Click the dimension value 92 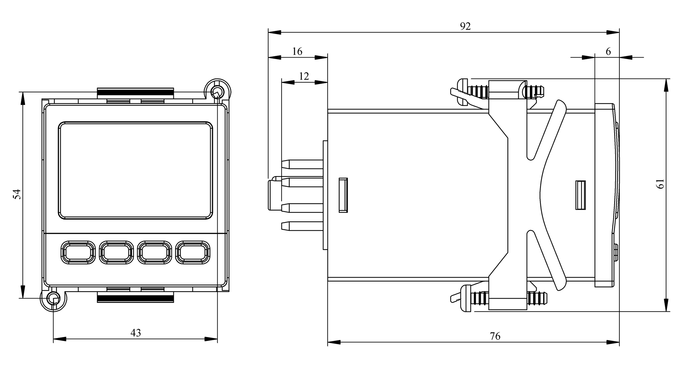pyautogui.click(x=465, y=26)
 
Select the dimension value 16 pyautogui.click(x=297, y=51)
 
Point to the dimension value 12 pyautogui.click(x=304, y=76)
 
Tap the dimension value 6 pyautogui.click(x=608, y=51)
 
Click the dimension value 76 pyautogui.click(x=495, y=336)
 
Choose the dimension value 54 pyautogui.click(x=17, y=194)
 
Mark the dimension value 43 pyautogui.click(x=135, y=333)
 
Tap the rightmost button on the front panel pyautogui.click(x=193, y=252)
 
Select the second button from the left pyautogui.click(x=115, y=252)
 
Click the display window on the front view pyautogui.click(x=135, y=170)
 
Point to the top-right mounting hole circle pyautogui.click(x=217, y=91)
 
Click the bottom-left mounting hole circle pyautogui.click(x=54, y=299)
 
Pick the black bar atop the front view pyautogui.click(x=135, y=92)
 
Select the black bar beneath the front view pyautogui.click(x=135, y=299)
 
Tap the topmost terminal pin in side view pyautogui.click(x=302, y=164)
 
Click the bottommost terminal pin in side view pyautogui.click(x=302, y=226)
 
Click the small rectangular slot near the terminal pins pyautogui.click(x=343, y=195)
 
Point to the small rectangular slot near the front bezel pyautogui.click(x=581, y=195)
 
